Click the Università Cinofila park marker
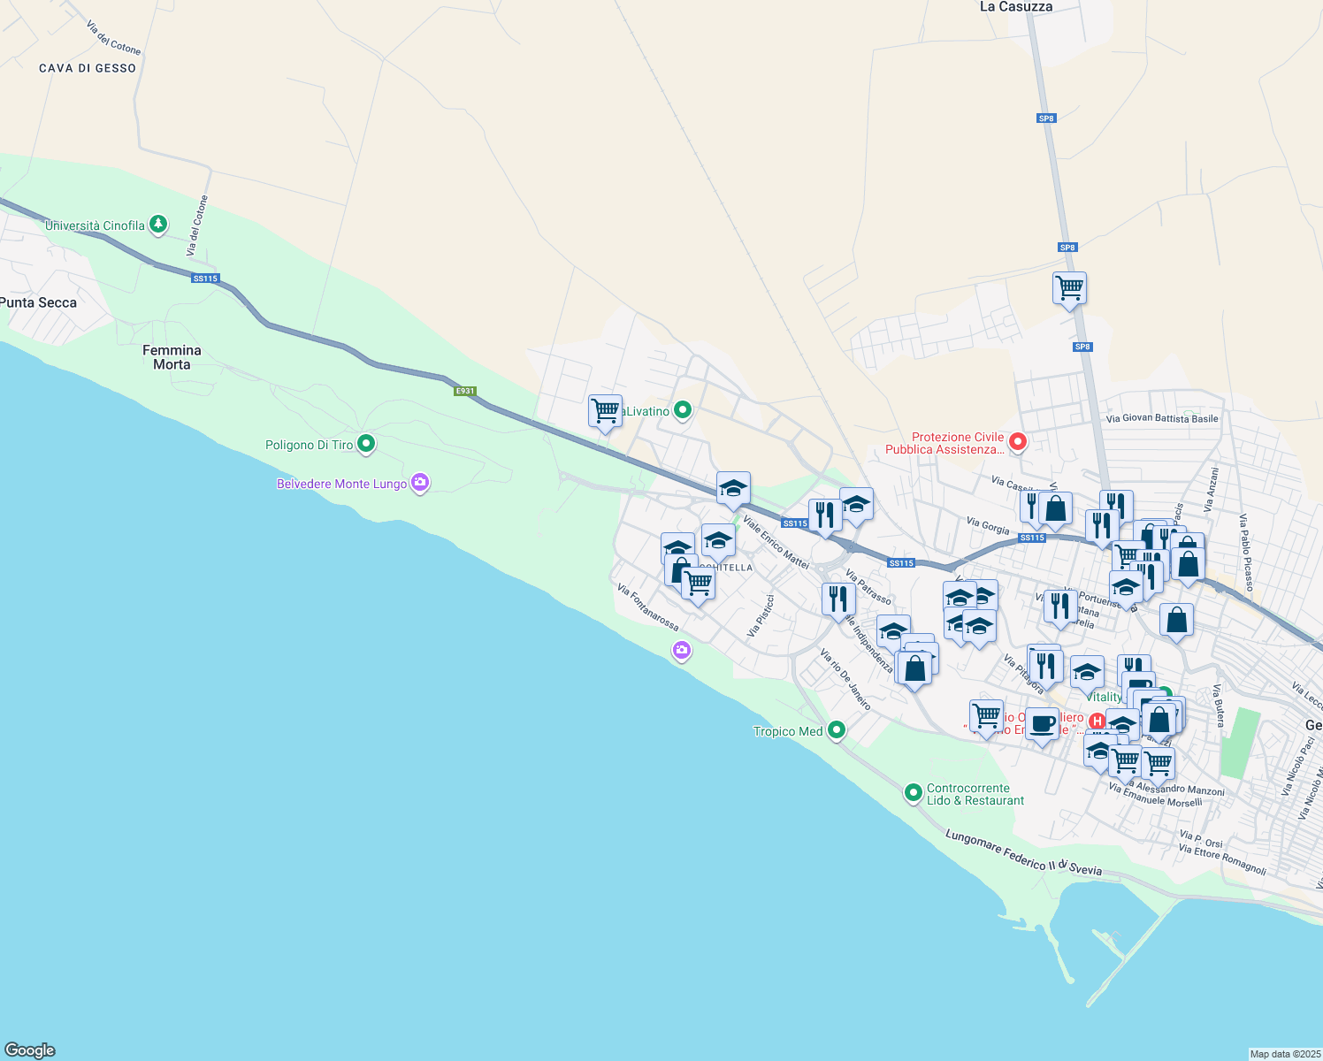pyautogui.click(x=158, y=225)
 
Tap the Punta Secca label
pyautogui.click(x=39, y=302)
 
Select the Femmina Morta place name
pyautogui.click(x=172, y=357)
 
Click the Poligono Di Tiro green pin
pyautogui.click(x=366, y=444)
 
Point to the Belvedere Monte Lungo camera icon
pyautogui.click(x=420, y=483)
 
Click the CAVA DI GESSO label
pyautogui.click(x=88, y=68)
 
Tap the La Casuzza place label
pyautogui.click(x=1016, y=7)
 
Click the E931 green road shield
pyautogui.click(x=465, y=391)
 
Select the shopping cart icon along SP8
pyautogui.click(x=1069, y=287)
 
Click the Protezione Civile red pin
pyautogui.click(x=1017, y=441)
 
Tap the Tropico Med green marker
pyautogui.click(x=836, y=730)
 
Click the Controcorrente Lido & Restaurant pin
pyautogui.click(x=914, y=793)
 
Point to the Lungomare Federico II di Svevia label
pyautogui.click(x=1023, y=852)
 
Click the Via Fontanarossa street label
pyautogui.click(x=648, y=607)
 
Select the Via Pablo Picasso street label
pyautogui.click(x=1246, y=553)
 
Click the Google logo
pyautogui.click(x=30, y=1050)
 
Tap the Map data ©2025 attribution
pyautogui.click(x=1285, y=1054)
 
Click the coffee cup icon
pyautogui.click(x=1043, y=723)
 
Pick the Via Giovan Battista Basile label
pyautogui.click(x=1162, y=419)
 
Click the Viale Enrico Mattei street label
pyautogui.click(x=776, y=542)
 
